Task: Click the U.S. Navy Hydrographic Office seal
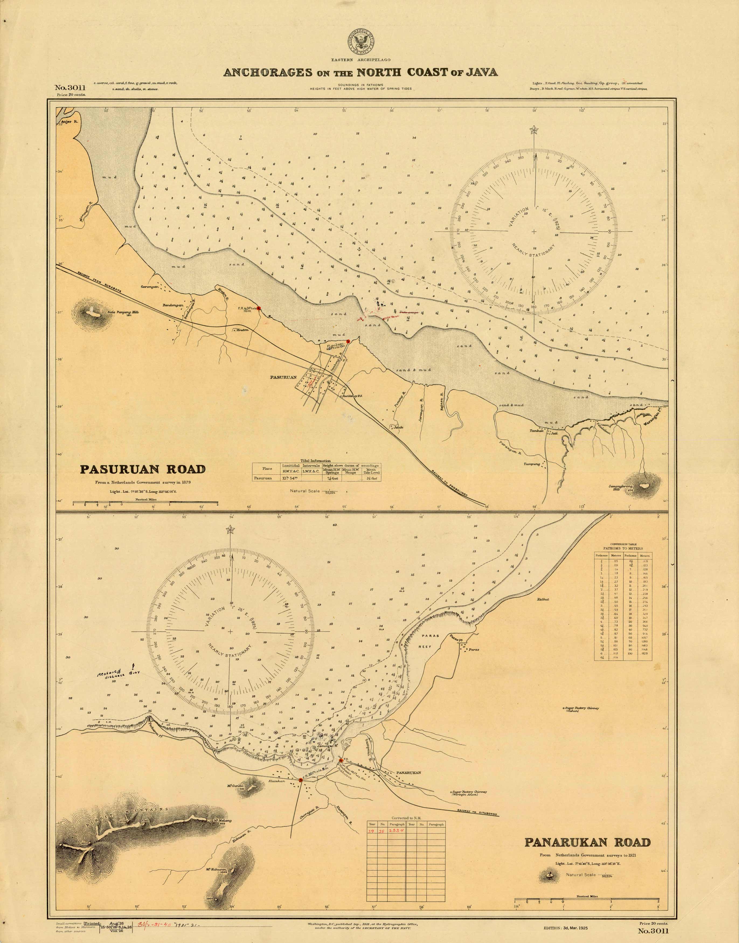pyautogui.click(x=360, y=41)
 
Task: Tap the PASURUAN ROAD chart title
pyautogui.click(x=142, y=469)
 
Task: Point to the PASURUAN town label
pyautogui.click(x=283, y=377)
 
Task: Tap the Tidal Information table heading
pyautogui.click(x=315, y=461)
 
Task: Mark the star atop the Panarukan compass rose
pyautogui.click(x=230, y=529)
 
